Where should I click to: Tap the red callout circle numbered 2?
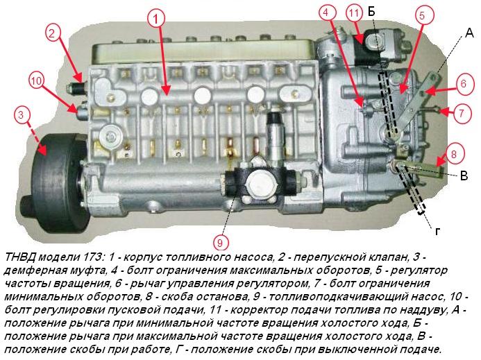[x=55, y=31]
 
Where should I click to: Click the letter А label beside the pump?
[x=469, y=33]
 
